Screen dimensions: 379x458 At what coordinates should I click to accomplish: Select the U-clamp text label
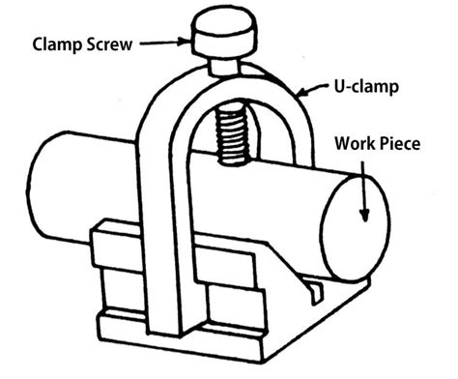351,86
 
